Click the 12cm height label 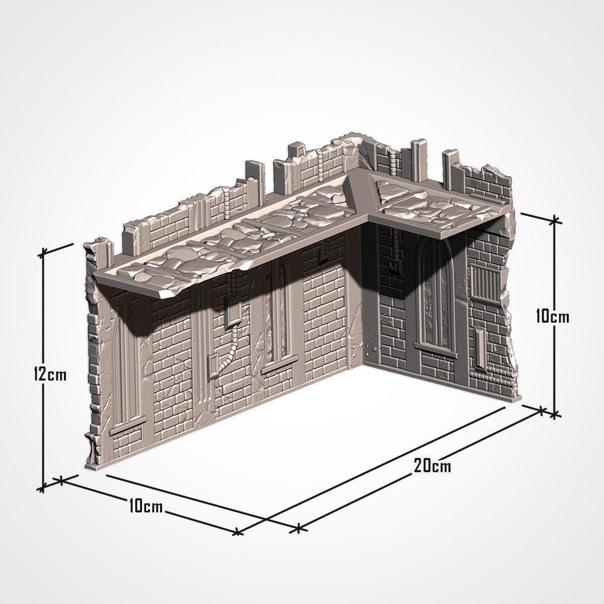coord(50,374)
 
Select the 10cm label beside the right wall coord(553,315)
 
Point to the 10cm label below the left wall coord(146,506)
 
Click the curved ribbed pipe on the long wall coord(228,353)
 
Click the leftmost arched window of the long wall coord(128,356)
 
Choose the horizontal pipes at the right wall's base coord(492,373)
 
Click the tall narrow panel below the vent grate coord(481,347)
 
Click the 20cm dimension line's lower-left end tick coord(298,529)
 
